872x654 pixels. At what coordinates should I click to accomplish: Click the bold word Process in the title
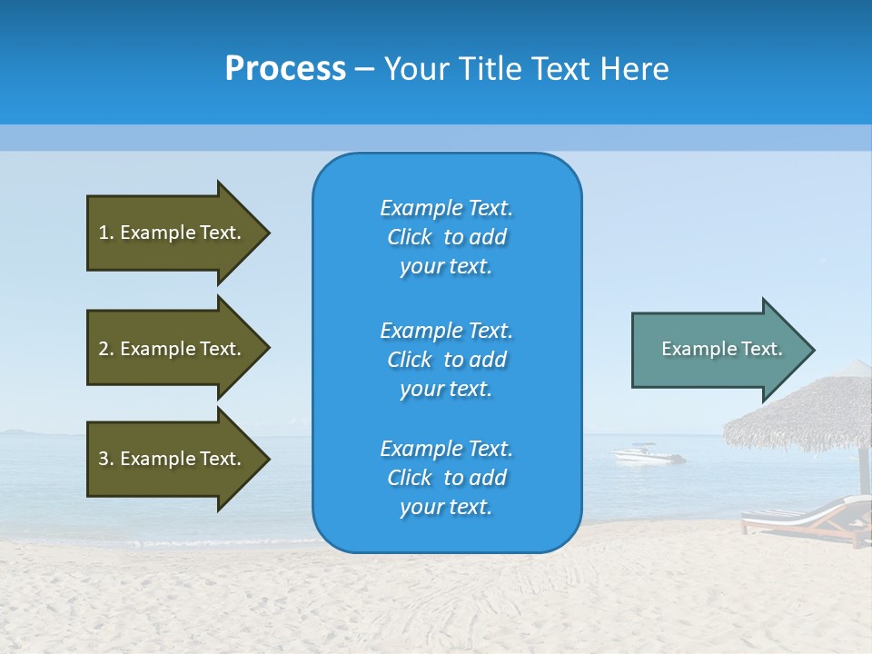click(285, 69)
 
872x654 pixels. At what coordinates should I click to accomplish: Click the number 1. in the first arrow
click(106, 233)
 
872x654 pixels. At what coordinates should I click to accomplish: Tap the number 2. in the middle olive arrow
click(106, 349)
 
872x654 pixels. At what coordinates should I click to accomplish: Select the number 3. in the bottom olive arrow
click(106, 459)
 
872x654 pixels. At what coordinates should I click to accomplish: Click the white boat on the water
click(648, 453)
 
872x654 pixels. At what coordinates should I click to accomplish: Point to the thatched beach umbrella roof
click(804, 413)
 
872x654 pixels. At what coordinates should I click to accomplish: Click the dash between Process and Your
click(365, 69)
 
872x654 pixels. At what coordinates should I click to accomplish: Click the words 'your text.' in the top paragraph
click(446, 267)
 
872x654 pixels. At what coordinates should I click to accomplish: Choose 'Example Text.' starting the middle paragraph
click(446, 331)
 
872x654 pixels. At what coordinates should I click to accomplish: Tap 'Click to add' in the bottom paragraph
click(446, 478)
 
